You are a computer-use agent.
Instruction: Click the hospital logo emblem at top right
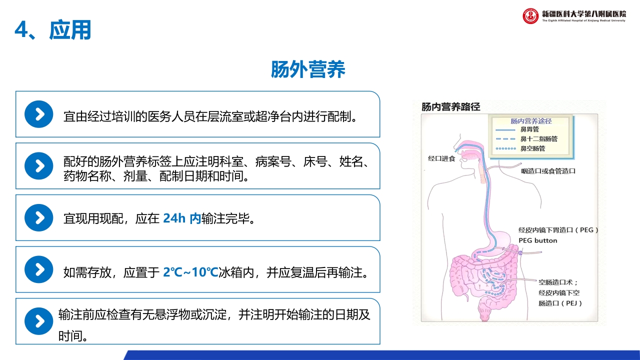[x=530, y=15]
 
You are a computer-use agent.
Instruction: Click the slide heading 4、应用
[x=53, y=30]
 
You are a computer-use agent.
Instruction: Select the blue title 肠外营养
[x=308, y=69]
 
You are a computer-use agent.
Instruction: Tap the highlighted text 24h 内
[x=181, y=218]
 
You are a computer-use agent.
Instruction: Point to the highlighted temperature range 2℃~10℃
[x=190, y=272]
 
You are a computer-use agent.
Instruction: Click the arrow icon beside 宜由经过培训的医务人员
[x=38, y=114]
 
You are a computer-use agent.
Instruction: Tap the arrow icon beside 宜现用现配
[x=38, y=218]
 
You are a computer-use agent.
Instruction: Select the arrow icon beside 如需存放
[x=38, y=269]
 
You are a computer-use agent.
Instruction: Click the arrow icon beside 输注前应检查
[x=38, y=321]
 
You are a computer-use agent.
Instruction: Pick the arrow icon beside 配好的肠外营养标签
[x=38, y=166]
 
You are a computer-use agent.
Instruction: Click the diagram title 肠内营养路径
[x=450, y=106]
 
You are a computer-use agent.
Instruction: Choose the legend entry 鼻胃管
[x=530, y=129]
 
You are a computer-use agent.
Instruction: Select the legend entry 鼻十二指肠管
[x=539, y=139]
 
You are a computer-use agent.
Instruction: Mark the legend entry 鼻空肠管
[x=533, y=148]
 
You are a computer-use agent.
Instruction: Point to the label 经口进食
[x=441, y=158]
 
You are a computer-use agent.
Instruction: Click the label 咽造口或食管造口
[x=548, y=171]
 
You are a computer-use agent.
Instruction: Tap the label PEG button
[x=537, y=240]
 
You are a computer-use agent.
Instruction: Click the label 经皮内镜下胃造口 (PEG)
[x=558, y=230]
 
